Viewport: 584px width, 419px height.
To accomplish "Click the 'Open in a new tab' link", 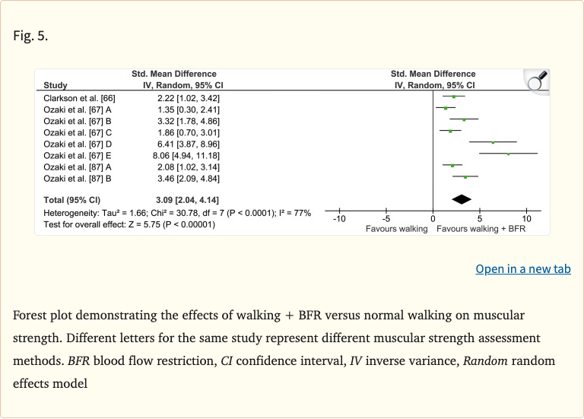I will point(522,269).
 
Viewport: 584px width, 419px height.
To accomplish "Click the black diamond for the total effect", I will point(461,199).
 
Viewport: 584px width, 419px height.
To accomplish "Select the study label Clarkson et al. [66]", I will point(80,97).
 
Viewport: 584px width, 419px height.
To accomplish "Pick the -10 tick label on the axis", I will point(338,219).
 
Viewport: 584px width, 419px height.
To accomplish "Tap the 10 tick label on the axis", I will point(527,219).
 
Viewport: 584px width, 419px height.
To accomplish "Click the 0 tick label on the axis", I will point(433,219).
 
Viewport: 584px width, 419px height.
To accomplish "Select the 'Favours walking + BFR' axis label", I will point(481,228).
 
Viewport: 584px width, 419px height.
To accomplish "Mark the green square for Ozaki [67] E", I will point(508,154).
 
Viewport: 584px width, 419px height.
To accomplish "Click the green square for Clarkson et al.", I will point(454,97).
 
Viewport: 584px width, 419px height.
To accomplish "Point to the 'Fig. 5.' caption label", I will point(30,36).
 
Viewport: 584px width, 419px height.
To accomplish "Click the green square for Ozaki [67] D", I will point(493,142).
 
